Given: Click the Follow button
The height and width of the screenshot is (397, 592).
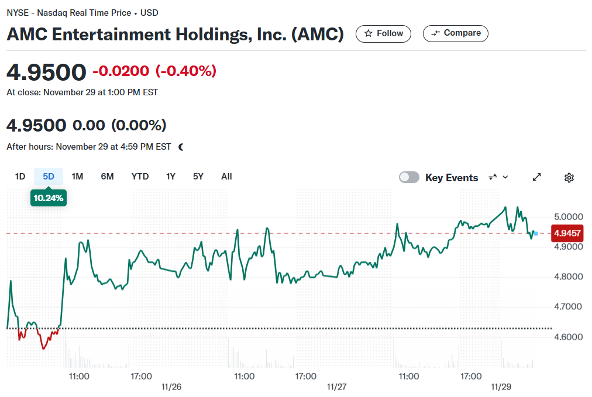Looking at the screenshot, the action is (383, 33).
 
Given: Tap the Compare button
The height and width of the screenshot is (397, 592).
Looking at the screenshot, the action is (455, 33).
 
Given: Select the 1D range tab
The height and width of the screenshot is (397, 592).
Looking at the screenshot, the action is (20, 177).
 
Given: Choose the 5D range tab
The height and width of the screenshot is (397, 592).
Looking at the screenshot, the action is (49, 177).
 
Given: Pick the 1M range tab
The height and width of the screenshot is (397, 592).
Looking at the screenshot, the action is (77, 177).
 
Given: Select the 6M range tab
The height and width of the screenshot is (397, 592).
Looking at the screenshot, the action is (107, 177).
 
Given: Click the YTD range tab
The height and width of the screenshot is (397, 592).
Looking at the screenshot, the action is (140, 177).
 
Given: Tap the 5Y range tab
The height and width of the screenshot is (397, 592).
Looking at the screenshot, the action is (198, 177).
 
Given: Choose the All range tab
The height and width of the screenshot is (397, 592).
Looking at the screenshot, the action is (226, 177).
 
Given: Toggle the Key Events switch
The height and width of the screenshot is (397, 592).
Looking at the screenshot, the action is (409, 177).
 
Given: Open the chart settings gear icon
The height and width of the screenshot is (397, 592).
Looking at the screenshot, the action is (569, 177).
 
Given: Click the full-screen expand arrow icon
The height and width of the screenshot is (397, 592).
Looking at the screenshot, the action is (536, 177).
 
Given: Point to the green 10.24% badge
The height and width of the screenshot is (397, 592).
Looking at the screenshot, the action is (49, 198).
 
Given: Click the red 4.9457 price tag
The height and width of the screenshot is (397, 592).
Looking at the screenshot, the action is (567, 233).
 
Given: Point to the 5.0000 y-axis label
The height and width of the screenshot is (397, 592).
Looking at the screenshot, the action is (568, 216).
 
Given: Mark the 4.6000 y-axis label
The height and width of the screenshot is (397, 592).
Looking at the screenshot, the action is (568, 337).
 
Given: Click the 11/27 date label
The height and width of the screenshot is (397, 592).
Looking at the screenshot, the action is (336, 387).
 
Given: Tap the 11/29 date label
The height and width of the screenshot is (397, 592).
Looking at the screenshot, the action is (501, 387).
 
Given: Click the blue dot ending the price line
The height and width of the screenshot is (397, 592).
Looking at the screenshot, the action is (536, 234).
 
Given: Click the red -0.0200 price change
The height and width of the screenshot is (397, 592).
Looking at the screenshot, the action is (121, 71).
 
